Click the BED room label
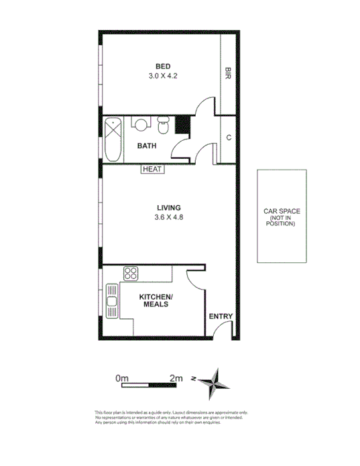[x=163, y=66]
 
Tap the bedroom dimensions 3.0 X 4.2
[x=163, y=76]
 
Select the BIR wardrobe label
[x=229, y=72]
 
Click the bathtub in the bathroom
[x=113, y=139]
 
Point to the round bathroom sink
[x=140, y=124]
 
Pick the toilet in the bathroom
[x=162, y=125]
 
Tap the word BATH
[x=147, y=145]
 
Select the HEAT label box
[x=152, y=170]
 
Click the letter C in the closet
[x=229, y=138]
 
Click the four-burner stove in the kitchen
[x=130, y=273]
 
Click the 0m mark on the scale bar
[x=121, y=378]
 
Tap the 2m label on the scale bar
[x=176, y=378]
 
